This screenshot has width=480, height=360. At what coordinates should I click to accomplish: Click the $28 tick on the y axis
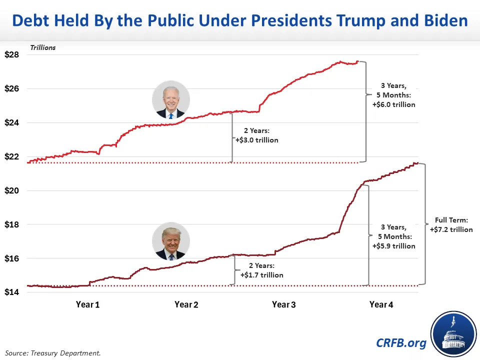click(12, 55)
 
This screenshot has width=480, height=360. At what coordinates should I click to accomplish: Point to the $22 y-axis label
click(12, 157)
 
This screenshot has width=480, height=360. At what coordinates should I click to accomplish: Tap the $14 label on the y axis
click(12, 292)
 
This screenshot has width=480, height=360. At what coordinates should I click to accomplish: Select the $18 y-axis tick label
click(12, 225)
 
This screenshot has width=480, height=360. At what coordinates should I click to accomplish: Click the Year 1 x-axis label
click(88, 304)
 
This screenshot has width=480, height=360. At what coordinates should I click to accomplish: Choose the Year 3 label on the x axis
click(283, 304)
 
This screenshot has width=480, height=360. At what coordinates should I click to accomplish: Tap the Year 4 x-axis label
click(381, 304)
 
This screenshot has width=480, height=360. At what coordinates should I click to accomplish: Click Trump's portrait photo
click(171, 241)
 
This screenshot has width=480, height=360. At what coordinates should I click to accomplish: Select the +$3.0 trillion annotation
click(256, 140)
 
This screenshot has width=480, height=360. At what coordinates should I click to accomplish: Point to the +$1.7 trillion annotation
click(261, 275)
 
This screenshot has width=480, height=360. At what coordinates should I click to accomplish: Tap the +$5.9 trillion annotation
click(393, 246)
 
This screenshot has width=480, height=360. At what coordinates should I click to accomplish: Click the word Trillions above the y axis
click(43, 47)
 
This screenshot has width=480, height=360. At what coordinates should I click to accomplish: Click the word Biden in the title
click(443, 21)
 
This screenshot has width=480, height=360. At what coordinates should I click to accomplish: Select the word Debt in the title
click(30, 21)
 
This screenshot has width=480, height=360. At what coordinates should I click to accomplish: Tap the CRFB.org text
click(401, 342)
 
